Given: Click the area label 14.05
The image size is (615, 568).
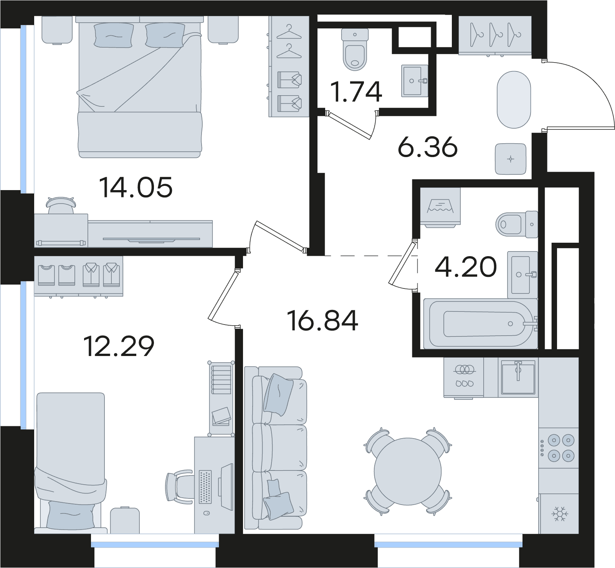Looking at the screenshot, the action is [x=136, y=187].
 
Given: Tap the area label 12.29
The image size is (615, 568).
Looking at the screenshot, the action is [x=119, y=346].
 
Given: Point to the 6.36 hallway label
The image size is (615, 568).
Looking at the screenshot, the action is [x=428, y=147].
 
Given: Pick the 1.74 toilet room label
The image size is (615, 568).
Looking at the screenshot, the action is [x=357, y=91].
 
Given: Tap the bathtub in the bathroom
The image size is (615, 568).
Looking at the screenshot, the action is [x=480, y=324].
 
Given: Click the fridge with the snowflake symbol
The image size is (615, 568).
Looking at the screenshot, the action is [x=559, y=513].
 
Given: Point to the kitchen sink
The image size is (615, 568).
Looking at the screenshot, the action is [x=518, y=377].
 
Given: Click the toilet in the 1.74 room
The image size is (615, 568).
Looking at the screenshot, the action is [x=354, y=50].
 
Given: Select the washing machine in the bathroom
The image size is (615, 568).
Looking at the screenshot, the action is [x=440, y=207].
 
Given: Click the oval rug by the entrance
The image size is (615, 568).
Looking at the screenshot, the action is [x=514, y=99].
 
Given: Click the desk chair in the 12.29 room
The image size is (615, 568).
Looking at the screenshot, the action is [x=179, y=486].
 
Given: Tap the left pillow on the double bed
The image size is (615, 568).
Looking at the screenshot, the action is [x=114, y=35].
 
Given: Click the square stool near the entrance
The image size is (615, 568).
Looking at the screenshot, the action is [x=511, y=159].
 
